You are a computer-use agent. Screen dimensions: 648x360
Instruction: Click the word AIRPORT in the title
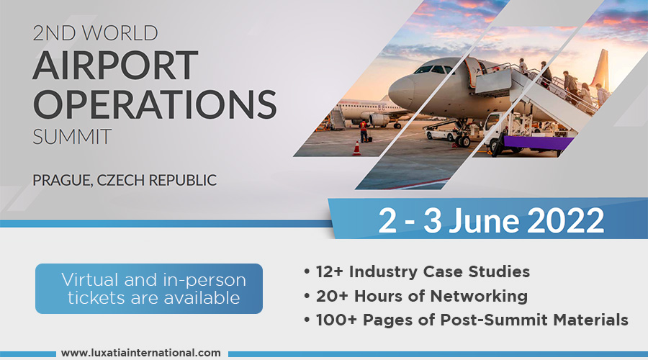tap(115, 65)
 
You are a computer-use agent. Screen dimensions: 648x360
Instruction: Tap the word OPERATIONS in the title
tap(155, 104)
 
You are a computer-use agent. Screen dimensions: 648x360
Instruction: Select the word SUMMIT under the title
tap(72, 136)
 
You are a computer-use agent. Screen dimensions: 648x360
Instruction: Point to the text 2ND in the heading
tap(55, 33)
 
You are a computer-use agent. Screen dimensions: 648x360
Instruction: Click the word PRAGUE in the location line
tap(63, 181)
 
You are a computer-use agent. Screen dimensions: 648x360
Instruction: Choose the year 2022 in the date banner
tap(566, 220)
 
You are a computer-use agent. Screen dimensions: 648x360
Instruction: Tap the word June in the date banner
tap(484, 220)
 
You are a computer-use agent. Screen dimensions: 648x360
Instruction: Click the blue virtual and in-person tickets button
tap(149, 289)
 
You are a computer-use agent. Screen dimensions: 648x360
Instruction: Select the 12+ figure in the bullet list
tap(329, 272)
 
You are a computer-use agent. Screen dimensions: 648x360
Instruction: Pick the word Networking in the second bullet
tap(479, 296)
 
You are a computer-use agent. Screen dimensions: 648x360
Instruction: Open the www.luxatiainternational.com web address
tap(141, 353)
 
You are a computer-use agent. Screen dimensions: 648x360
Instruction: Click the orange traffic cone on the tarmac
tap(356, 148)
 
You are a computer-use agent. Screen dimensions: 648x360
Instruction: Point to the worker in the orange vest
tap(364, 130)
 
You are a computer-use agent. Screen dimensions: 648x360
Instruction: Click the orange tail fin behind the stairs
tap(601, 71)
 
